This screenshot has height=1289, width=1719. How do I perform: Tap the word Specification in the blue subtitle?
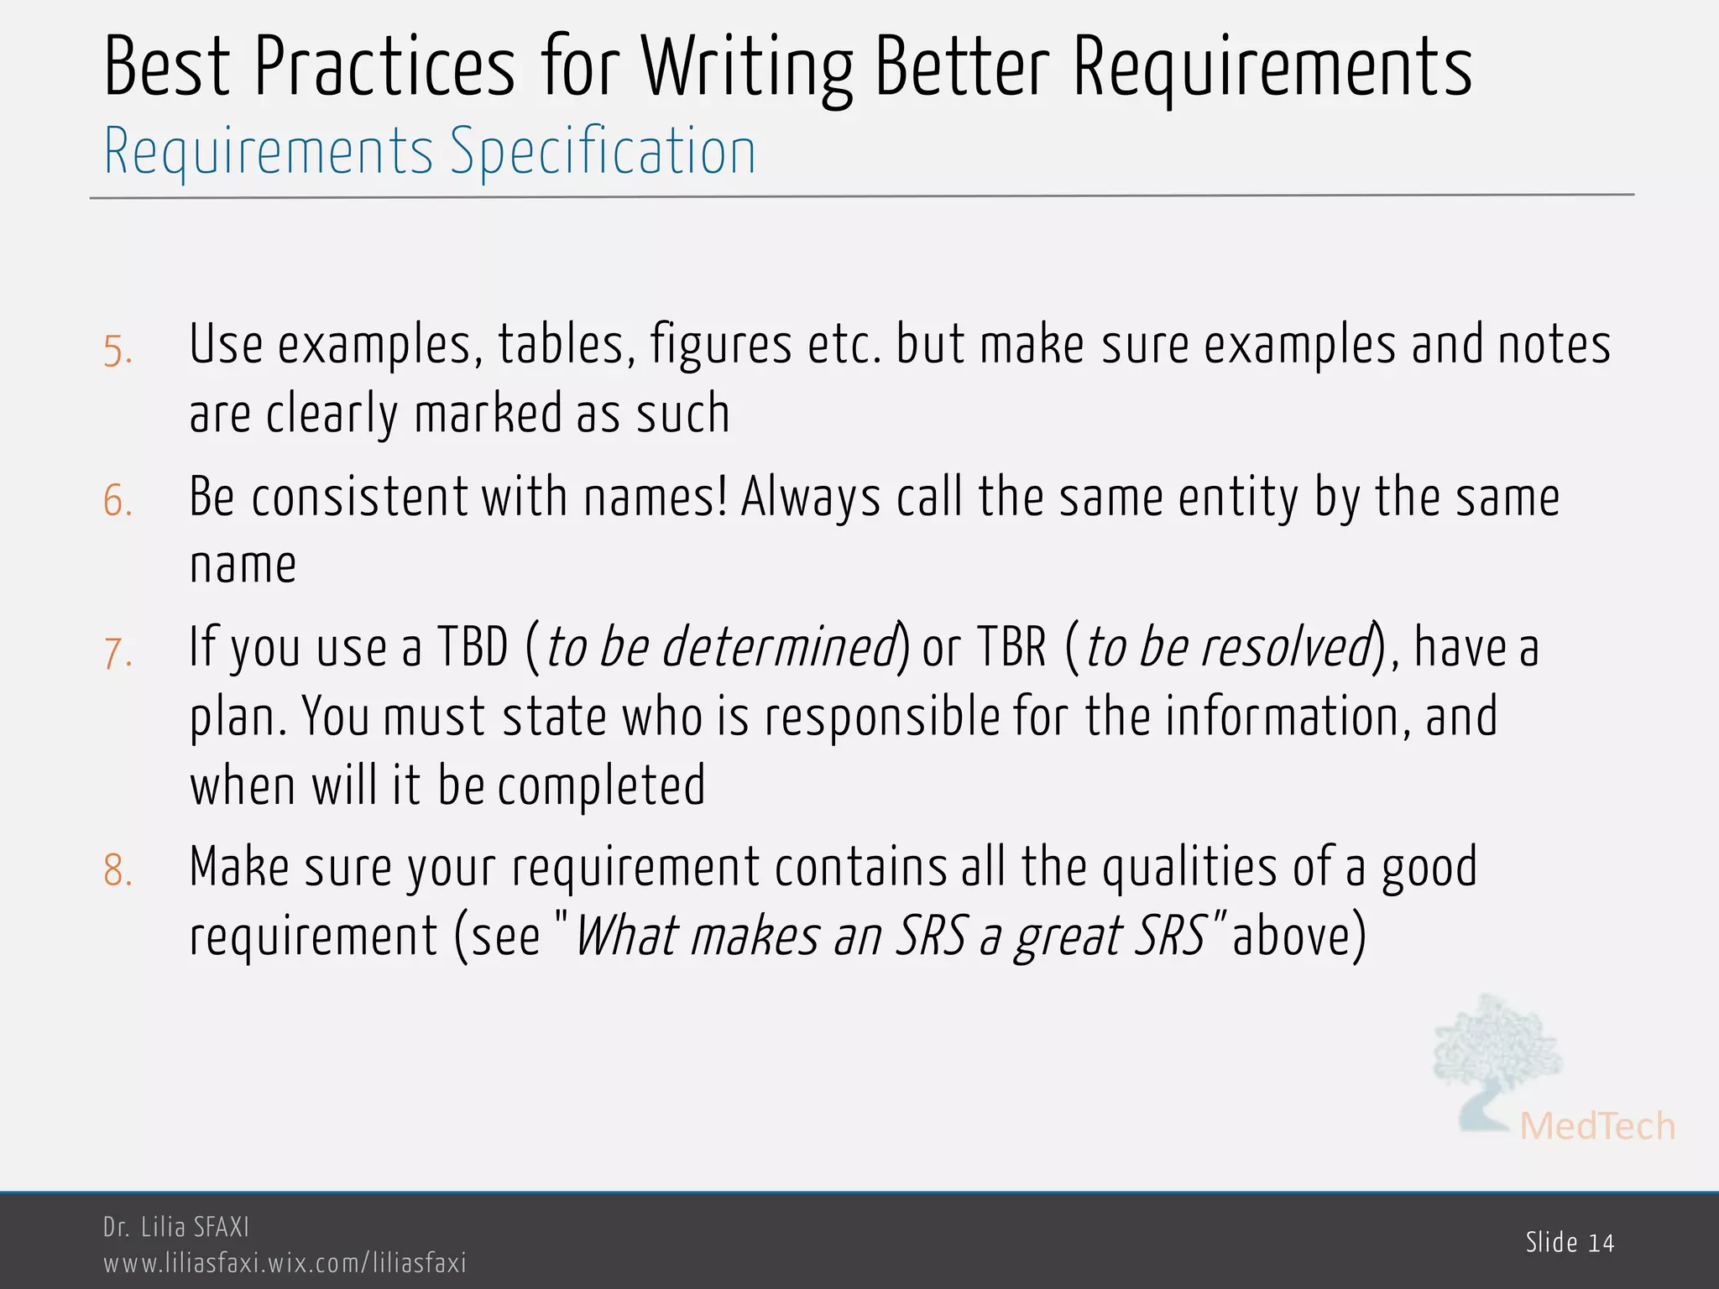click(603, 152)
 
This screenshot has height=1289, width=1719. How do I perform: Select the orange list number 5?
click(118, 351)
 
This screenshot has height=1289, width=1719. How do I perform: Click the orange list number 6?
click(118, 502)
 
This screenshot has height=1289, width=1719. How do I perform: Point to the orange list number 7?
click(118, 653)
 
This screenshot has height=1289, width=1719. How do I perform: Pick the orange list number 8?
click(118, 871)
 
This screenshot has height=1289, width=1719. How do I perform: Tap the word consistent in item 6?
click(358, 497)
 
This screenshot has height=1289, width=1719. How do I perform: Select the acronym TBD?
click(473, 648)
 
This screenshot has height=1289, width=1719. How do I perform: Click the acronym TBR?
click(1011, 648)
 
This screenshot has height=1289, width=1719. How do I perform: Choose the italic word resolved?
click(1285, 648)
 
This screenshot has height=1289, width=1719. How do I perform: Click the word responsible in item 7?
click(881, 718)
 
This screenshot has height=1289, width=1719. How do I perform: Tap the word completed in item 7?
click(601, 786)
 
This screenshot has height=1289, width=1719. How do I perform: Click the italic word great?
click(1065, 937)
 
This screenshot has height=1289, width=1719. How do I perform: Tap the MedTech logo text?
click(1597, 1126)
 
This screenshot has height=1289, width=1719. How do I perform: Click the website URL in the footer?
click(285, 1263)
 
